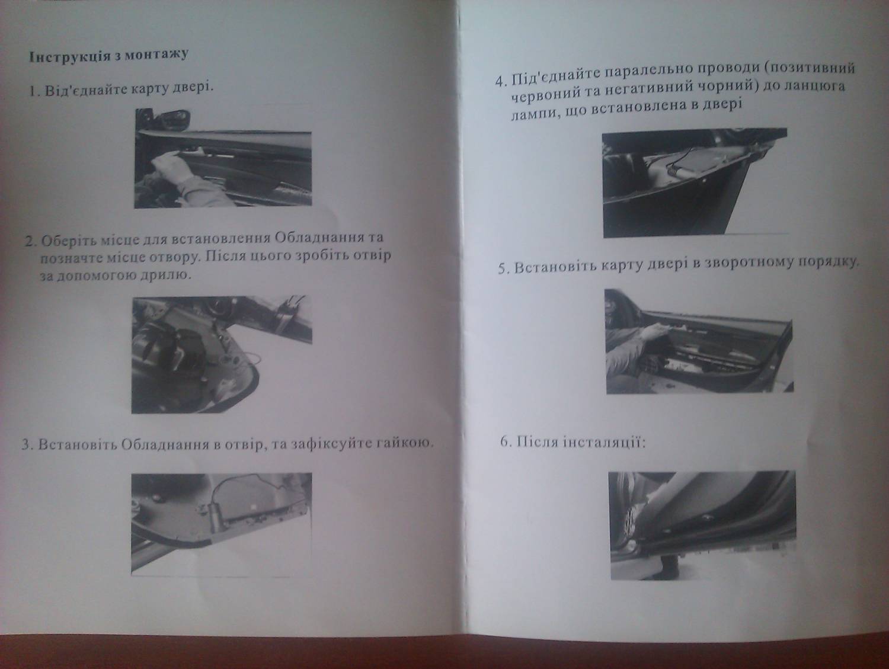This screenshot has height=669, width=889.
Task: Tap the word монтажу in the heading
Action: [x=156, y=55]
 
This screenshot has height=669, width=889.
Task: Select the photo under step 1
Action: [x=223, y=158]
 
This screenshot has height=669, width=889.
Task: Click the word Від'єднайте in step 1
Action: [x=87, y=89]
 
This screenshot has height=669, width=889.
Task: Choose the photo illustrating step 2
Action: [x=222, y=354]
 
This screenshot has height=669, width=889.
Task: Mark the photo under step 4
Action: [x=695, y=183]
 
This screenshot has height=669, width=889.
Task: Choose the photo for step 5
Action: [x=699, y=341]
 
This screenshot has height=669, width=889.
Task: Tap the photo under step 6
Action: [x=703, y=525]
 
